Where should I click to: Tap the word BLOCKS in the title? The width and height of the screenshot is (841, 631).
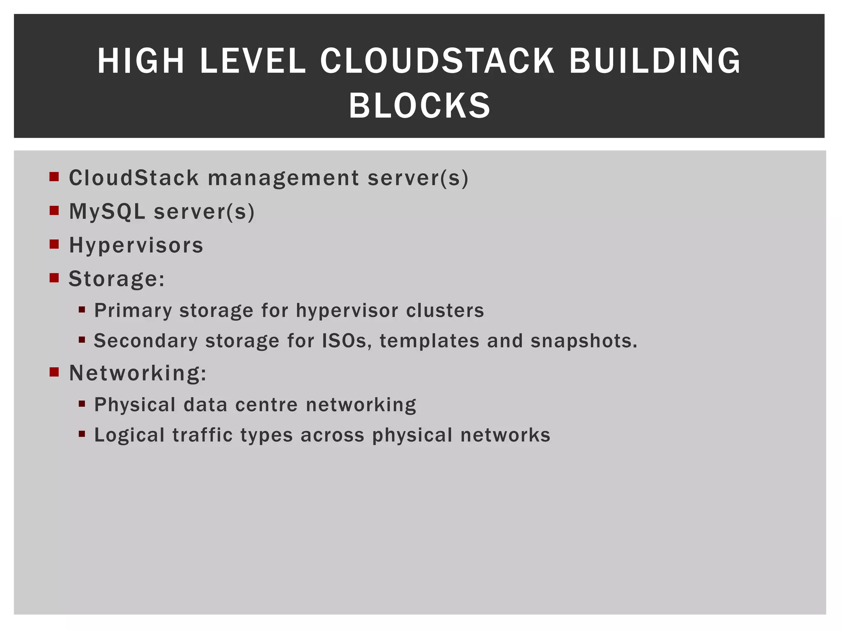(420, 106)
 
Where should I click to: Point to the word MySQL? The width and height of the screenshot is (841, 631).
(107, 212)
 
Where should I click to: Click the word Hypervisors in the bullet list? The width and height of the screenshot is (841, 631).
(136, 245)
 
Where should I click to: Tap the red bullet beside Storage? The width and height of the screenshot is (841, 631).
(54, 278)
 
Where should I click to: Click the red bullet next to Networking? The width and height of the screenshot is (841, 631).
(54, 372)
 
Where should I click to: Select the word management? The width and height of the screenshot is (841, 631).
(283, 178)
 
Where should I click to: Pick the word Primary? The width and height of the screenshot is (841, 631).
(133, 311)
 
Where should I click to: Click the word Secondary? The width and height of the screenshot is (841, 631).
(145, 341)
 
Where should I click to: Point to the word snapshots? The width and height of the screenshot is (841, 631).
(584, 341)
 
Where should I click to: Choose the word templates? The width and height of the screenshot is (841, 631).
(429, 341)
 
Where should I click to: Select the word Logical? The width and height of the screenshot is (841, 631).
(129, 435)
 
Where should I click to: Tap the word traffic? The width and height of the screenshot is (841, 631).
(202, 435)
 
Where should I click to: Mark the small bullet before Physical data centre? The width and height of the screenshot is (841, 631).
(82, 404)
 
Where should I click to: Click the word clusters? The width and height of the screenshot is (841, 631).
(445, 311)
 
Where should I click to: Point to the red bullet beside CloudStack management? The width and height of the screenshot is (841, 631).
(54, 177)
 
